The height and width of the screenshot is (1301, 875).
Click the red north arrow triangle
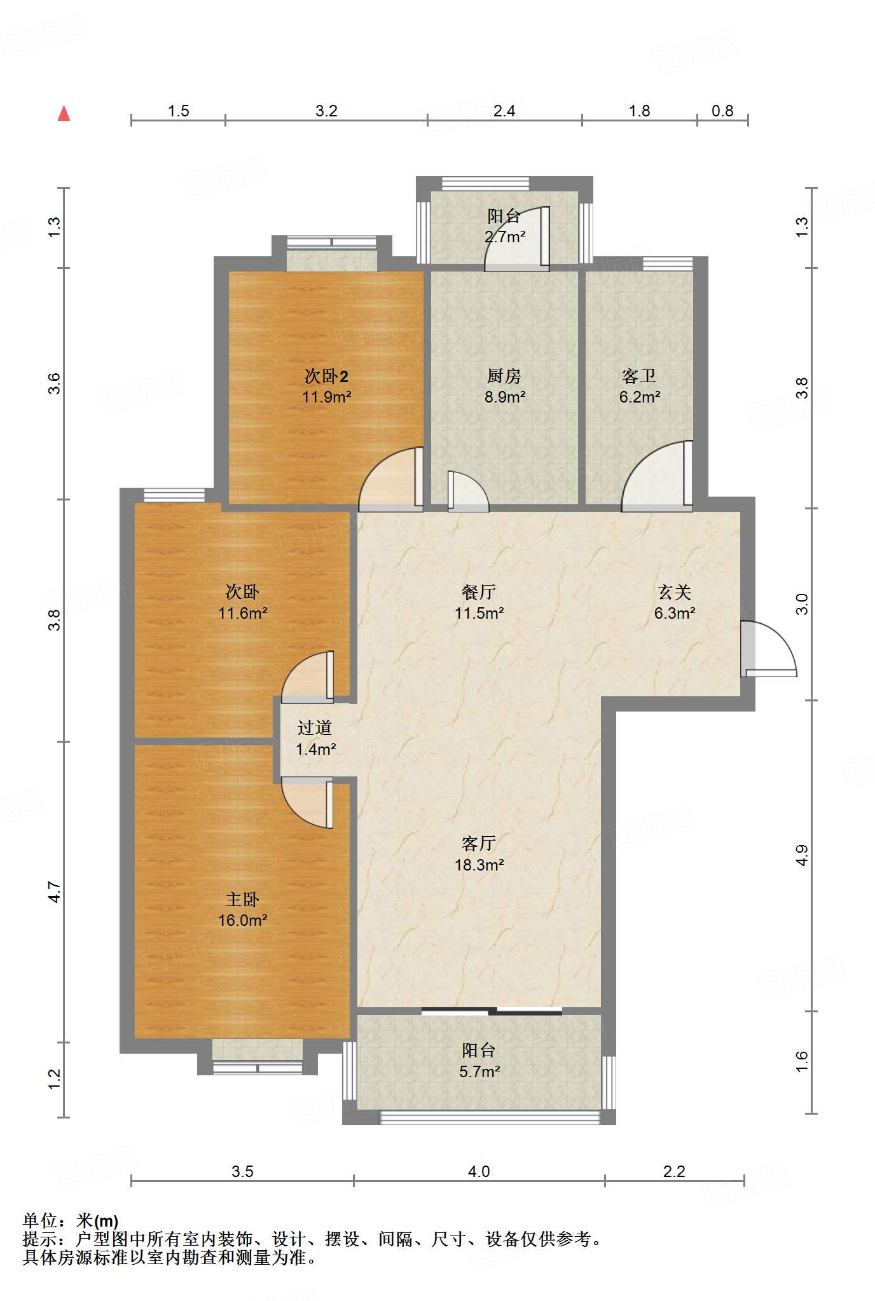[64, 113]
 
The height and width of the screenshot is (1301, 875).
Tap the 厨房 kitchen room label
[504, 376]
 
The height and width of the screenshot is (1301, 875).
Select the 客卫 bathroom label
[639, 376]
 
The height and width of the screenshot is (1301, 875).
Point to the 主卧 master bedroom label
[242, 900]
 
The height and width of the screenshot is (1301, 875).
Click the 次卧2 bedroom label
[326, 376]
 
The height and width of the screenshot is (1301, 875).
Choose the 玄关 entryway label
[675, 593]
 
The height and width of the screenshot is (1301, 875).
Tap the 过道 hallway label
[315, 728]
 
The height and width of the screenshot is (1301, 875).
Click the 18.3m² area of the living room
[479, 865]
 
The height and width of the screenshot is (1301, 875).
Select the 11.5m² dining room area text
[479, 614]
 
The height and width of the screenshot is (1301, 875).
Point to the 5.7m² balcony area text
[479, 1071]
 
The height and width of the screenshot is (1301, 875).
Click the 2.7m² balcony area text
[505, 237]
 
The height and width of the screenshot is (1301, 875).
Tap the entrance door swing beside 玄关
[768, 649]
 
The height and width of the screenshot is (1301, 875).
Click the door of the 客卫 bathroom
[657, 477]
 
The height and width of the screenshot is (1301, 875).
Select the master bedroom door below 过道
[307, 802]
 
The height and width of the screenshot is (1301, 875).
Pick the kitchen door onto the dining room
[468, 492]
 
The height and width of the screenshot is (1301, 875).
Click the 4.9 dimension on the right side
[802, 855]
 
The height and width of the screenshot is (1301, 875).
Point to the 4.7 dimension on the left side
[55, 892]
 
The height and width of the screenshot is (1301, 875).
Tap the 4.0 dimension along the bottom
[479, 1171]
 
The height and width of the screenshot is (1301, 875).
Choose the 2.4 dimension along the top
[504, 111]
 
